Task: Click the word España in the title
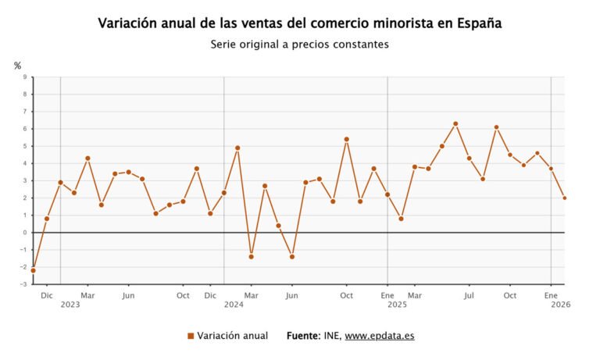click(479, 23)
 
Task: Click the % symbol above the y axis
click(17, 66)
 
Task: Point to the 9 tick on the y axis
click(24, 77)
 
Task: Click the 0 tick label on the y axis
click(24, 233)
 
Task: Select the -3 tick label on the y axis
click(23, 284)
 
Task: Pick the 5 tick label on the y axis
click(24, 146)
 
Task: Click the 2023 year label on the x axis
click(70, 305)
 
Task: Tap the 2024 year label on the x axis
click(234, 305)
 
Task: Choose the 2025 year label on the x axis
click(398, 305)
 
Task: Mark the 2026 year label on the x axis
click(561, 305)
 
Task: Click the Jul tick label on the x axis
click(469, 295)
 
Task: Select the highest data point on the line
click(455, 123)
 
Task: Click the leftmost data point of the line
click(33, 270)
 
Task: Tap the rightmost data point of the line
click(565, 198)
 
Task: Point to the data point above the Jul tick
click(469, 159)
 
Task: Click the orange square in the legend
click(191, 336)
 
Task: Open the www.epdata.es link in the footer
click(380, 336)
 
